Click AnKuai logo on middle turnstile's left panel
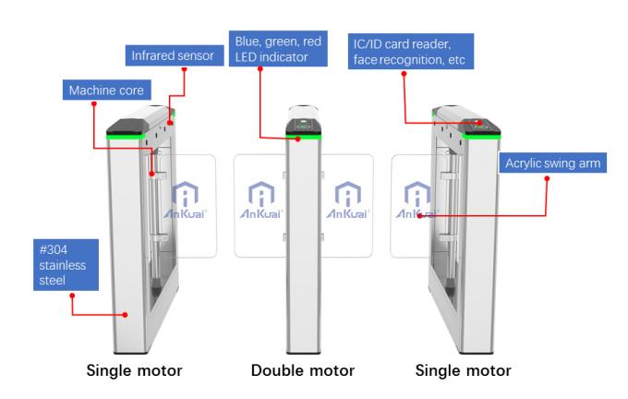pos(259,199)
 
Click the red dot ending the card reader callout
pos(477,121)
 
